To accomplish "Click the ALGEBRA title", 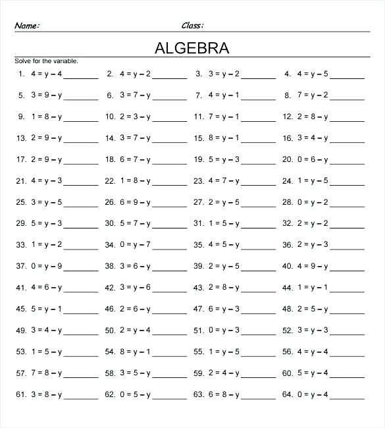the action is pos(192,48).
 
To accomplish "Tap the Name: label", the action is pos(27,26).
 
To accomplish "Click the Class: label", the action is pos(192,26).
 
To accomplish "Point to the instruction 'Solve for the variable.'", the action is pos(46,61).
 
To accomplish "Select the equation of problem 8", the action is pos(313,95).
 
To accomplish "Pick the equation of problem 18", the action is pos(135,159).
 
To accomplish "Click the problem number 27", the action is pos(198,202).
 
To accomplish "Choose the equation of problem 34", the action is pos(135,245).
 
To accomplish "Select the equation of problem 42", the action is pos(135,288).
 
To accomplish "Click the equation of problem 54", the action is pos(135,352).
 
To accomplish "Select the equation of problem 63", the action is pos(224,394).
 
